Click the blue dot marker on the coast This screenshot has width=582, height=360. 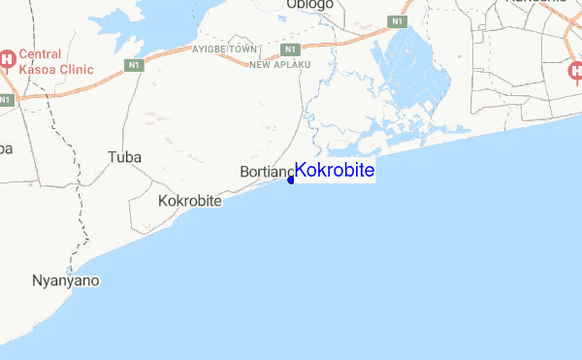[291, 180]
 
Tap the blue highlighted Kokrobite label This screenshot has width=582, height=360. [334, 171]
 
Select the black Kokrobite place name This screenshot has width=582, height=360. [189, 201]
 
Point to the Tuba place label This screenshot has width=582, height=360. [124, 156]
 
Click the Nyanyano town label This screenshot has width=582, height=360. [66, 280]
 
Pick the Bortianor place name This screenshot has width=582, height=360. [265, 173]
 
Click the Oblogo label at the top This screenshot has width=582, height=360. [310, 5]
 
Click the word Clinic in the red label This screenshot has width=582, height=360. [75, 69]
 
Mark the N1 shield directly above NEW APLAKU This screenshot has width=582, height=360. [289, 49]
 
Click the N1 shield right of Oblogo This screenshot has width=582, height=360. [397, 20]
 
